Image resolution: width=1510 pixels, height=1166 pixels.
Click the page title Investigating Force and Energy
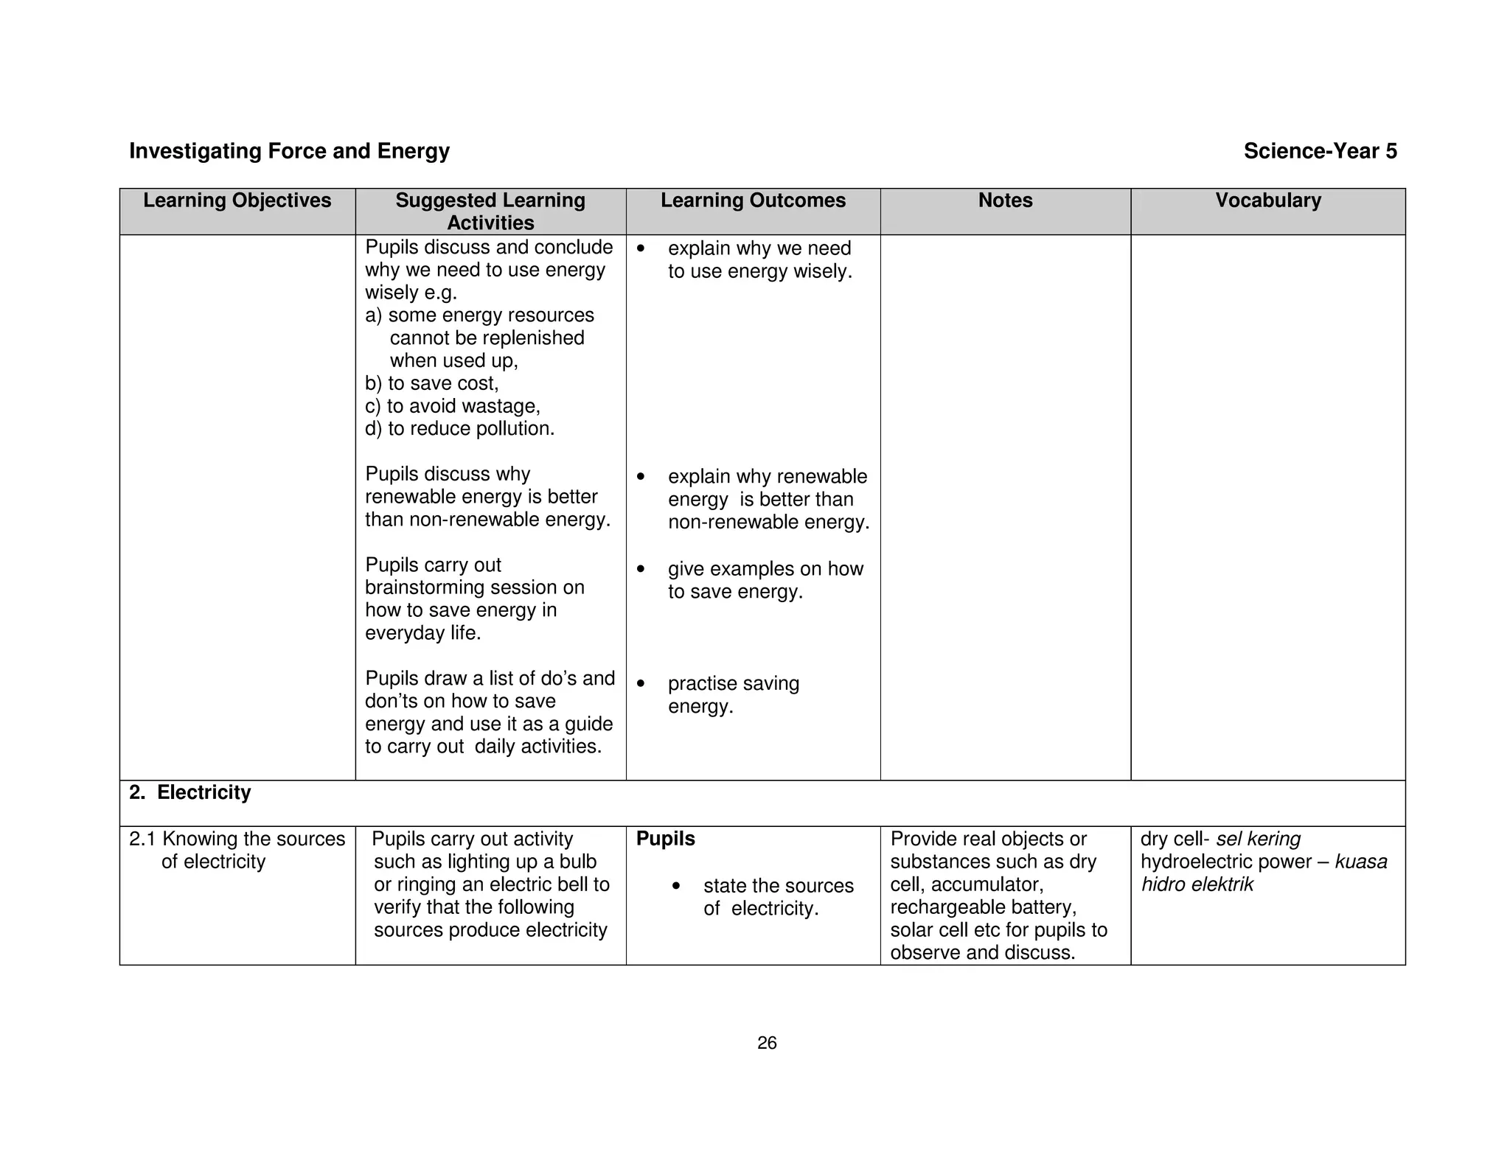tap(289, 151)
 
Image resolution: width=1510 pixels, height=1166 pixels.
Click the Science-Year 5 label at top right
tap(1320, 151)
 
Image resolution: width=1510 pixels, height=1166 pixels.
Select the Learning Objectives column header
tap(237, 200)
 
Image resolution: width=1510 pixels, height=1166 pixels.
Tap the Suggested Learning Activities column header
tap(490, 211)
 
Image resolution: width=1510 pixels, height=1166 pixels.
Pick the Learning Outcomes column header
tap(753, 200)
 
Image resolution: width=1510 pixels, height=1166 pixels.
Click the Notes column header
tap(1005, 200)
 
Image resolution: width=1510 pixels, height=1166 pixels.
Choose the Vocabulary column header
tap(1267, 200)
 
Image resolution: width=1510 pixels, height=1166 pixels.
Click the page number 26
tap(767, 1043)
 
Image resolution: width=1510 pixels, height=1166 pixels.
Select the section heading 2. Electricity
tap(190, 792)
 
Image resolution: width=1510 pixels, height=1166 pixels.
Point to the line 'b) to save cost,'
tap(432, 383)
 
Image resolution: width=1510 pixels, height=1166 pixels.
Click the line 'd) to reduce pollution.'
tap(459, 429)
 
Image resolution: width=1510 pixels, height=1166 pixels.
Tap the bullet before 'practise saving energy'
tap(641, 684)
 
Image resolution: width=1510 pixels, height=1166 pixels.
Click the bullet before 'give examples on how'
tap(641, 569)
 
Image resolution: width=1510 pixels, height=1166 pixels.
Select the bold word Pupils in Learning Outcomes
tap(665, 839)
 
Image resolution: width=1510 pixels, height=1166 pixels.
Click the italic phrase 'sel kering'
tap(1258, 839)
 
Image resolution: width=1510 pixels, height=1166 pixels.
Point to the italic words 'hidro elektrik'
tap(1197, 884)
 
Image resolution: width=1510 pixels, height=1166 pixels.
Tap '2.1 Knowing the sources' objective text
tap(237, 839)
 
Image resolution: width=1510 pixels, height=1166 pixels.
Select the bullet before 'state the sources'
tap(676, 886)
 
